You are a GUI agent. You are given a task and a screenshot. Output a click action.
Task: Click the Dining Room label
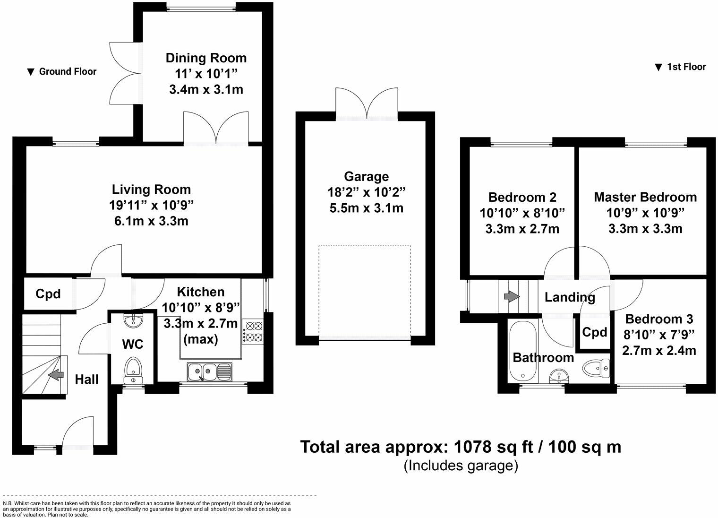coord(206,58)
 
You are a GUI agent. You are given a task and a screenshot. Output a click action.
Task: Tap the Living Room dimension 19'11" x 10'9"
coord(151,205)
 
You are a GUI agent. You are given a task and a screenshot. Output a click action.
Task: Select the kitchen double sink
coord(210,372)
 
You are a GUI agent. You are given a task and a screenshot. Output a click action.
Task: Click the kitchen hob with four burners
coord(253,331)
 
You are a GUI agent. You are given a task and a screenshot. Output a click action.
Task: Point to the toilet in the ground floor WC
coord(133,371)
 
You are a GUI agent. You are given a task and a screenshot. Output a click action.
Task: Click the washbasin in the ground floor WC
coord(133,320)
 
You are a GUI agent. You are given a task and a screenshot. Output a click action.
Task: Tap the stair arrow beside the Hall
coord(55,374)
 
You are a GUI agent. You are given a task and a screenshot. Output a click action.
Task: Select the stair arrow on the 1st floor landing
coord(512,296)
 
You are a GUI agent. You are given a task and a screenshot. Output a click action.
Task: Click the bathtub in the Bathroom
coord(522,351)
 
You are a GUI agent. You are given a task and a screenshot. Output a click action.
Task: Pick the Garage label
coord(366,176)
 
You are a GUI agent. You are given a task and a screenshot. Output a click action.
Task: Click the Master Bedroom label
coord(645,197)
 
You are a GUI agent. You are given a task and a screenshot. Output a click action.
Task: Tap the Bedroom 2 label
coord(522,197)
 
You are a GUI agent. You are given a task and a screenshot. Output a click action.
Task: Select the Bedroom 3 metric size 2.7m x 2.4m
coord(659,350)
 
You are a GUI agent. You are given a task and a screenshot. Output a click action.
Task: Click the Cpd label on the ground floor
coord(48,294)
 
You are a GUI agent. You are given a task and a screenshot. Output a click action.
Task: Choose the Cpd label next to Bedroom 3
coord(595,332)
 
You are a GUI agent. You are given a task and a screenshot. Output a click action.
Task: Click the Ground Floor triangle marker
coord(30,72)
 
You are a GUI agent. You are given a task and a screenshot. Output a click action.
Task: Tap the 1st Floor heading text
coord(686,67)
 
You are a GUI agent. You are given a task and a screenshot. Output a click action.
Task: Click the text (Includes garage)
coord(461,466)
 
